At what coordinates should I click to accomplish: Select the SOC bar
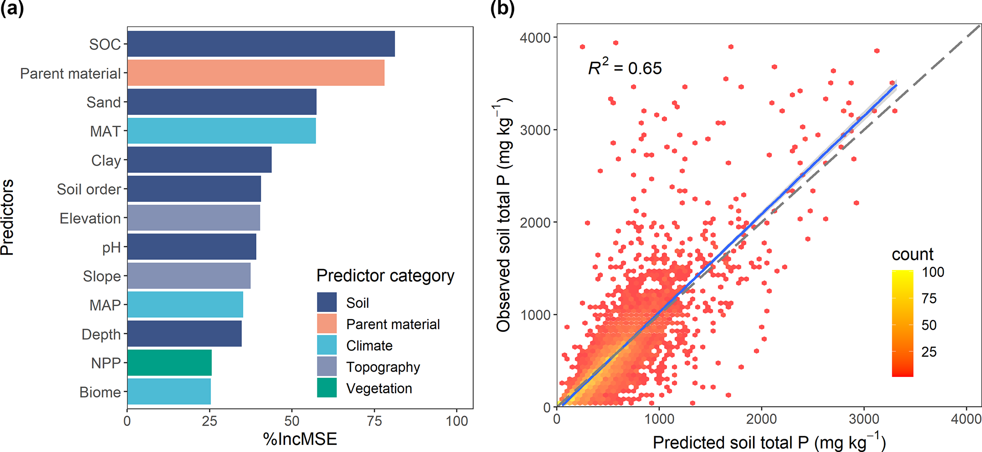pos(261,44)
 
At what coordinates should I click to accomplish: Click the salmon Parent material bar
pos(256,73)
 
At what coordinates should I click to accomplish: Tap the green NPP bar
pos(169,363)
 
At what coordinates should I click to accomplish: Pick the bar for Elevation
pos(193,218)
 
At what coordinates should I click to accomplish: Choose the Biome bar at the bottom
pos(169,392)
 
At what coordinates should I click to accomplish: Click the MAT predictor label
pos(105,131)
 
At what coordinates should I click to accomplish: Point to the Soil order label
pos(89,189)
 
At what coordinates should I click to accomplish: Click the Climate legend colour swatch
pos(327,345)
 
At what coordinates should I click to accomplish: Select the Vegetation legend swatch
pos(327,388)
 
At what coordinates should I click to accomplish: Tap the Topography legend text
pos(383,367)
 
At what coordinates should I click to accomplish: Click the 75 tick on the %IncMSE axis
pos(374,421)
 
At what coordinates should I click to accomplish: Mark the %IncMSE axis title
pos(300,439)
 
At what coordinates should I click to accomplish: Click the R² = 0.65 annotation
pos(625,67)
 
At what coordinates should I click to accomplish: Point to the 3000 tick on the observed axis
pos(535,130)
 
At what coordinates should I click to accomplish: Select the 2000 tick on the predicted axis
pos(762,419)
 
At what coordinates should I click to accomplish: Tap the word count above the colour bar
pos(912,254)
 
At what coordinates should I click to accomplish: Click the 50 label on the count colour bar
pos(929,325)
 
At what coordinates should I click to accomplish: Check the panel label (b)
pos(502,9)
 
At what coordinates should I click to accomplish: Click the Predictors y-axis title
pos(8,217)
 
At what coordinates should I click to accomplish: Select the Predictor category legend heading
pos(385,275)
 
